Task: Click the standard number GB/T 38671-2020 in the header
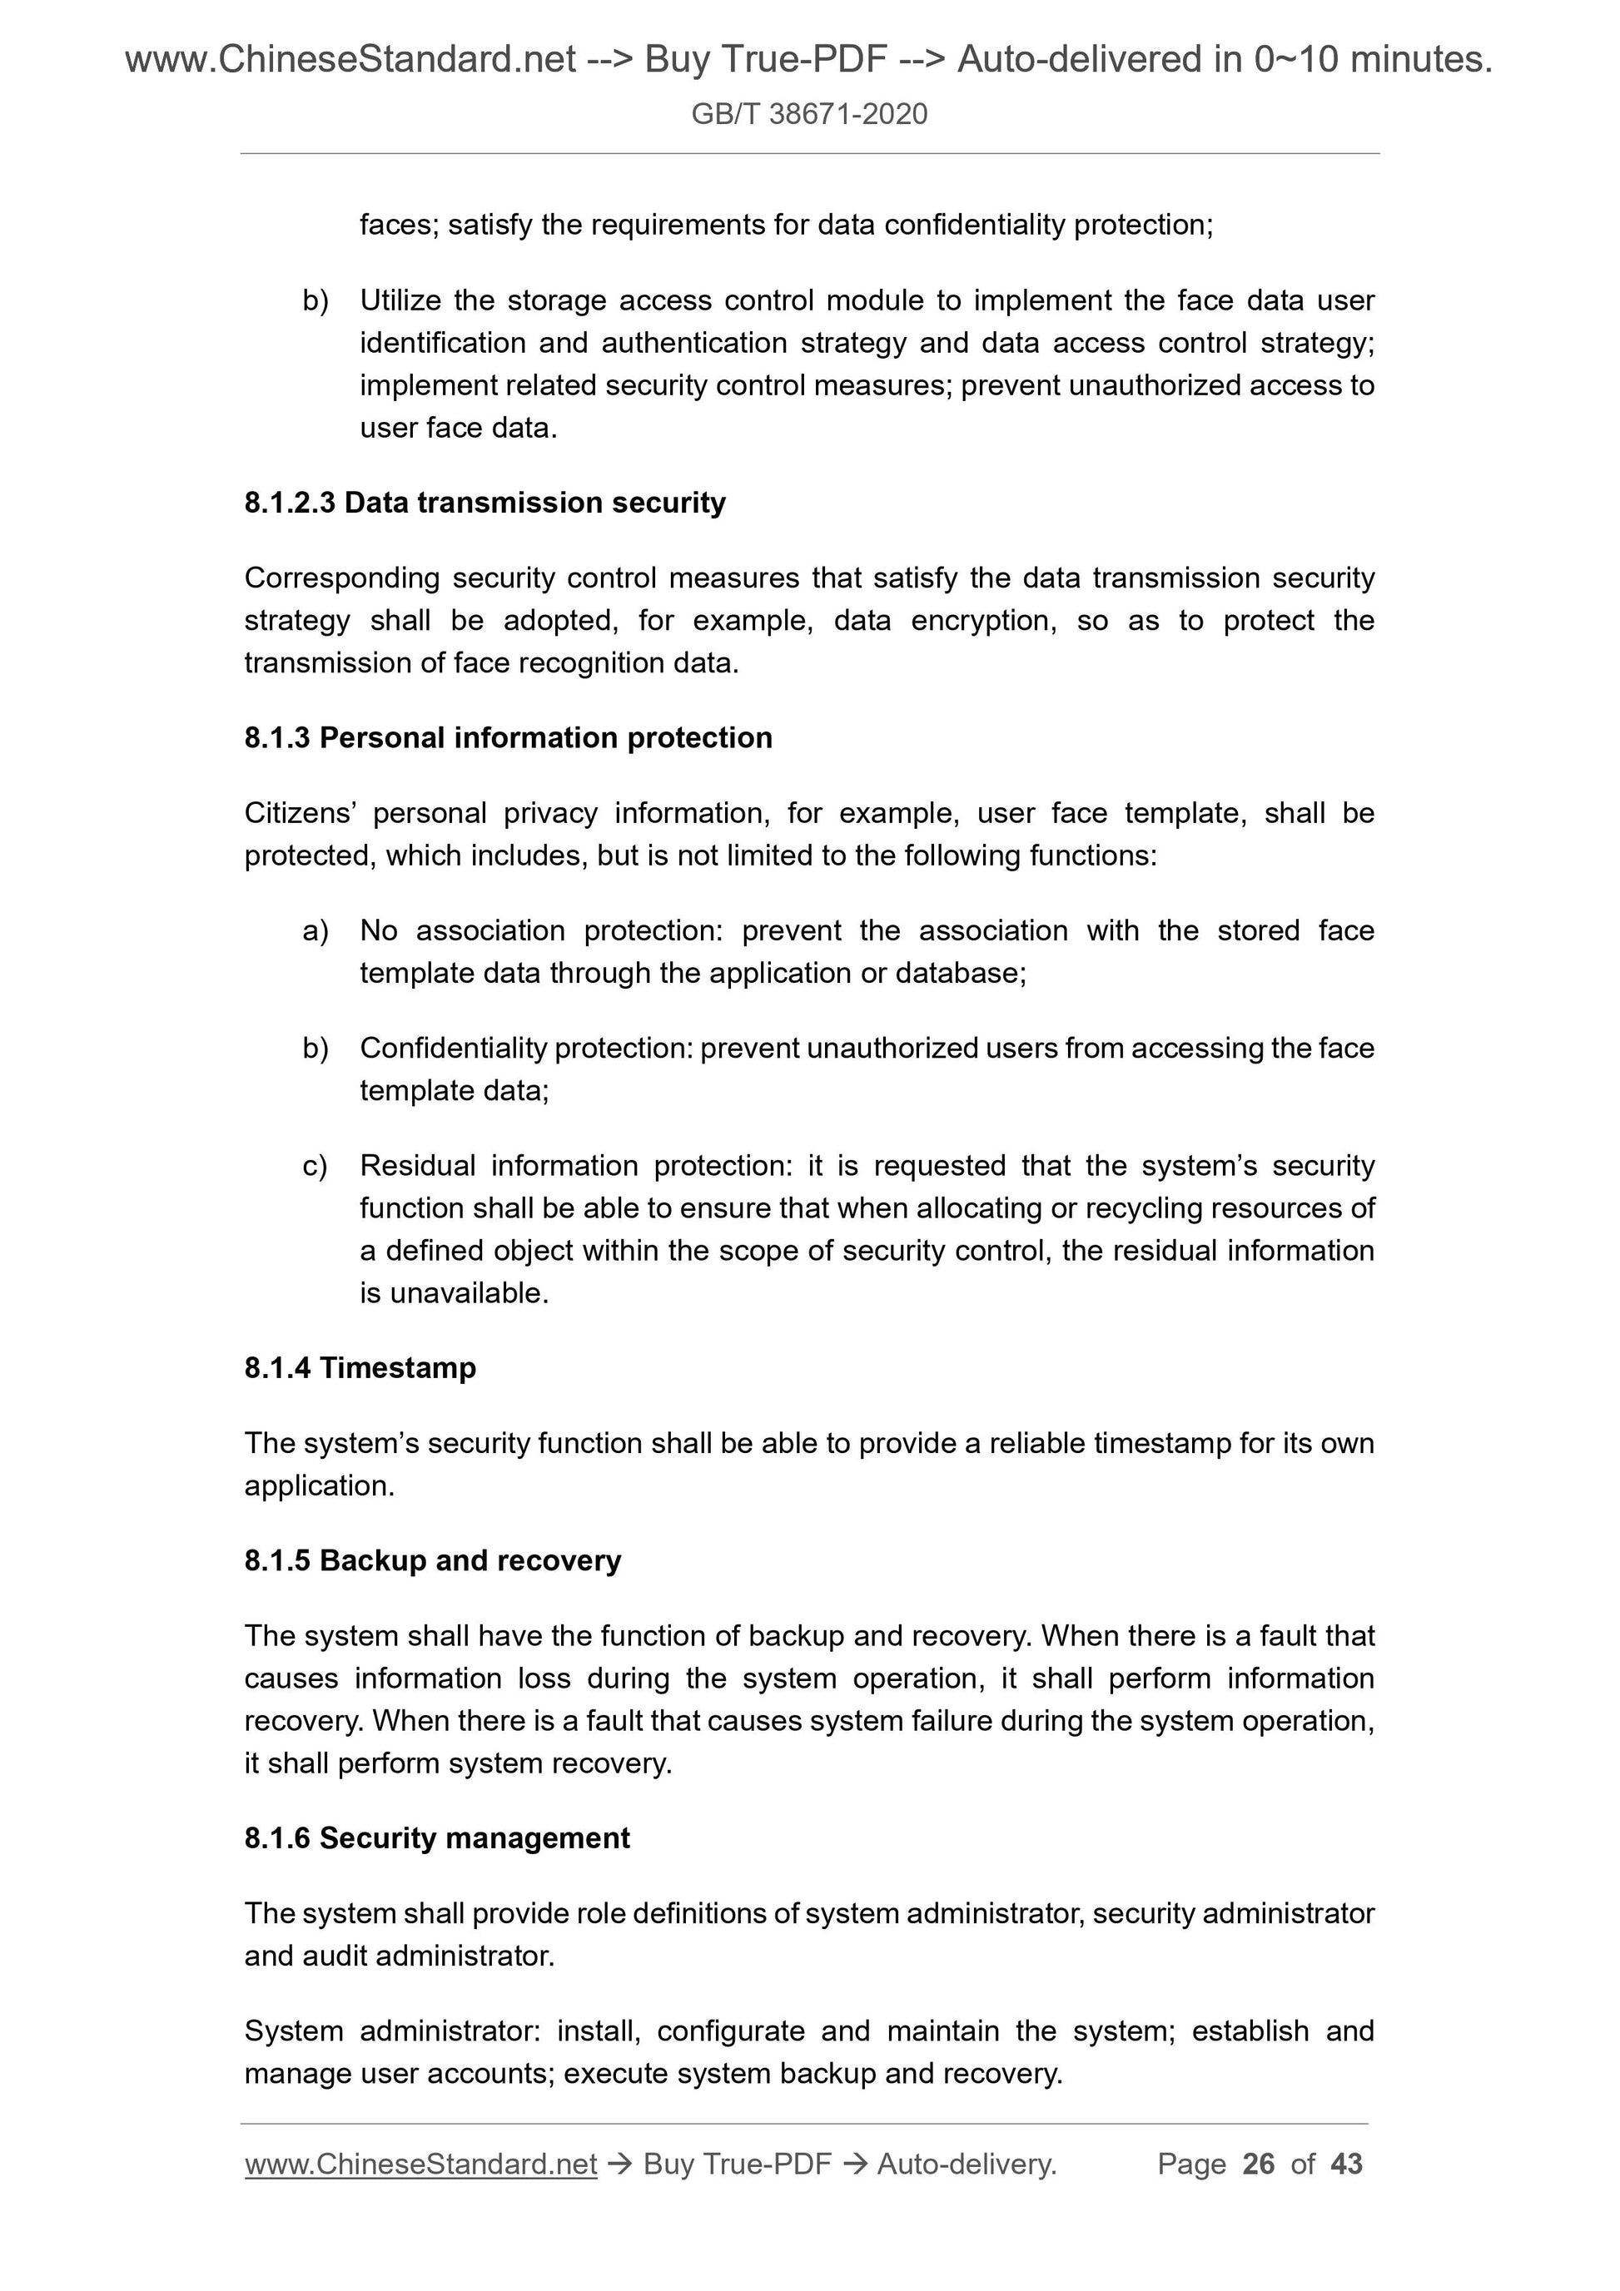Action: tap(808, 114)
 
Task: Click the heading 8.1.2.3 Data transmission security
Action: tap(485, 503)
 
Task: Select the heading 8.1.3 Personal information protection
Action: tap(508, 737)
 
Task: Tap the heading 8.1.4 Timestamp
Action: tap(360, 1367)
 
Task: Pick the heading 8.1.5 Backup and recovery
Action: tap(432, 1560)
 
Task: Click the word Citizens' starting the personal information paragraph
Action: tap(301, 813)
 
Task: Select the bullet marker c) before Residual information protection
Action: tap(315, 1165)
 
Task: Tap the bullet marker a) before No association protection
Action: tap(315, 931)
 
